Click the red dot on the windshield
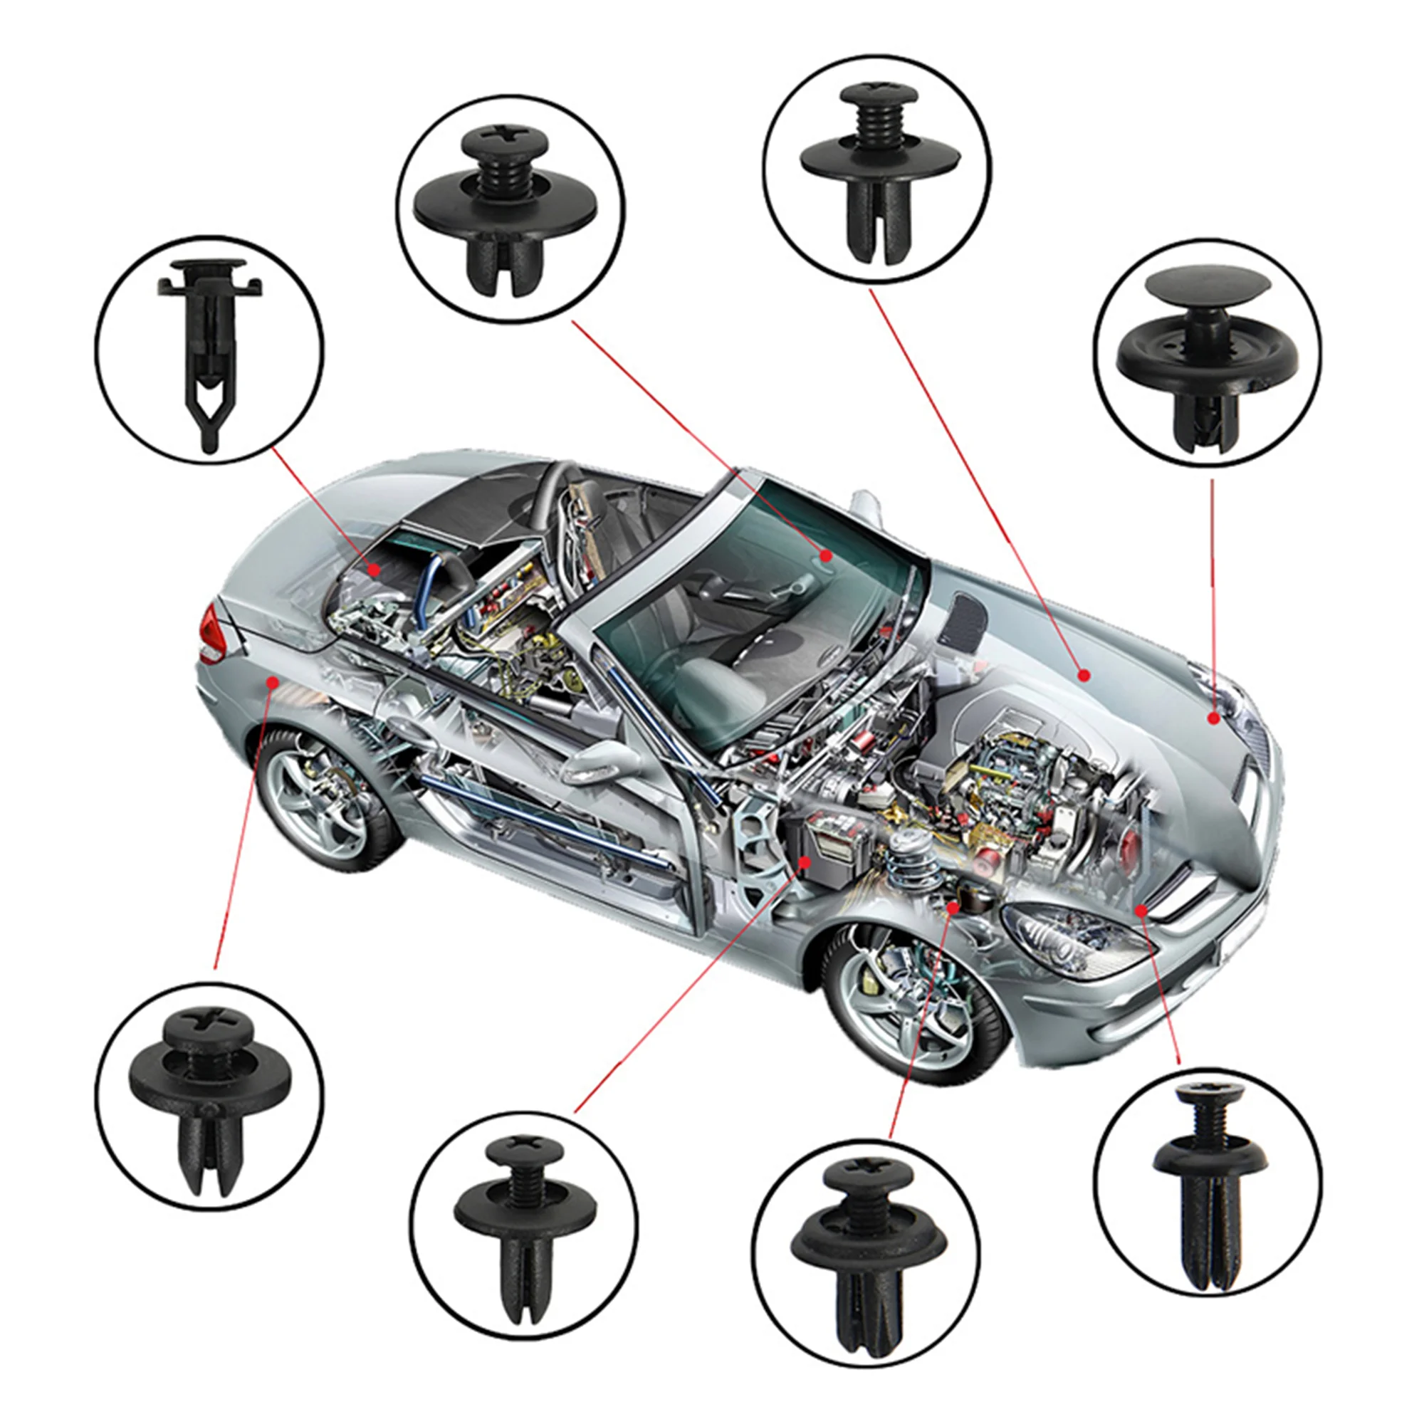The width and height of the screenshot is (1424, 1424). [826, 554]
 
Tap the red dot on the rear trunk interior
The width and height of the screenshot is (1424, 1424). [375, 568]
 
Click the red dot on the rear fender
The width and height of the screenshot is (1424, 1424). [273, 683]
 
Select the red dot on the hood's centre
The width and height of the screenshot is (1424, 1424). [1084, 674]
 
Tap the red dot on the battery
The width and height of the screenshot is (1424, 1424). [805, 861]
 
